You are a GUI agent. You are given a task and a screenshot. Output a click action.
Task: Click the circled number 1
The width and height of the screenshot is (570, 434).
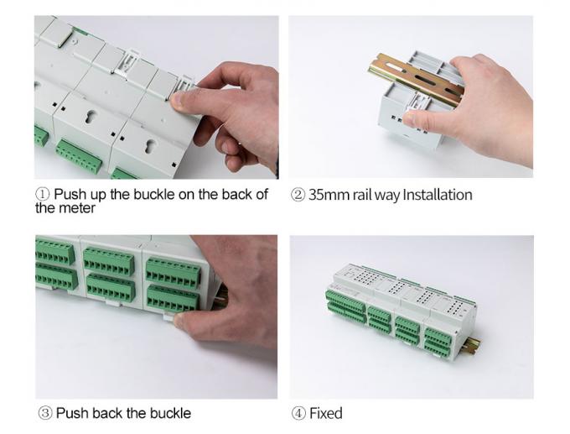[43, 194]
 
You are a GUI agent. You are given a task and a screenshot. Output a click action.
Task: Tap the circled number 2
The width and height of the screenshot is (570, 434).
[298, 195]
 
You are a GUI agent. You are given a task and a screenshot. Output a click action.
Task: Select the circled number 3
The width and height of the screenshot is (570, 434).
[45, 413]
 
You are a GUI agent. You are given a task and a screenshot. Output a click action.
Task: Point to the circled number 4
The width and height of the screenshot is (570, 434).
[298, 414]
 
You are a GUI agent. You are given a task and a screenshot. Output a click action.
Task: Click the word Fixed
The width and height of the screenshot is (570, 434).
[326, 414]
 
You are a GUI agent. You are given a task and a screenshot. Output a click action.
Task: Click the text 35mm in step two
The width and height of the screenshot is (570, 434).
[329, 195]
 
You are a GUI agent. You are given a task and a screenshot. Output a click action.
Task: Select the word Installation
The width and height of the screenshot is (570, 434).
[438, 195]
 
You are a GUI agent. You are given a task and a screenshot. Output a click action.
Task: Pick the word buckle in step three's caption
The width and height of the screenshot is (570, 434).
[170, 413]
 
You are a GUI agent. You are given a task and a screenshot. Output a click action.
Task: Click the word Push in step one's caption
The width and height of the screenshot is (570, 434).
[70, 194]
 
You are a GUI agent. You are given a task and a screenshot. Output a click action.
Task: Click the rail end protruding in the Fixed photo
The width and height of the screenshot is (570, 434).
[473, 346]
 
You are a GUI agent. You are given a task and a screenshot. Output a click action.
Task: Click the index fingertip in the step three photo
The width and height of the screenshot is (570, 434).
[180, 322]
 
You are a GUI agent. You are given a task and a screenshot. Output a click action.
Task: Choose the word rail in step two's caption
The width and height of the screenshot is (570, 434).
[362, 195]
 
